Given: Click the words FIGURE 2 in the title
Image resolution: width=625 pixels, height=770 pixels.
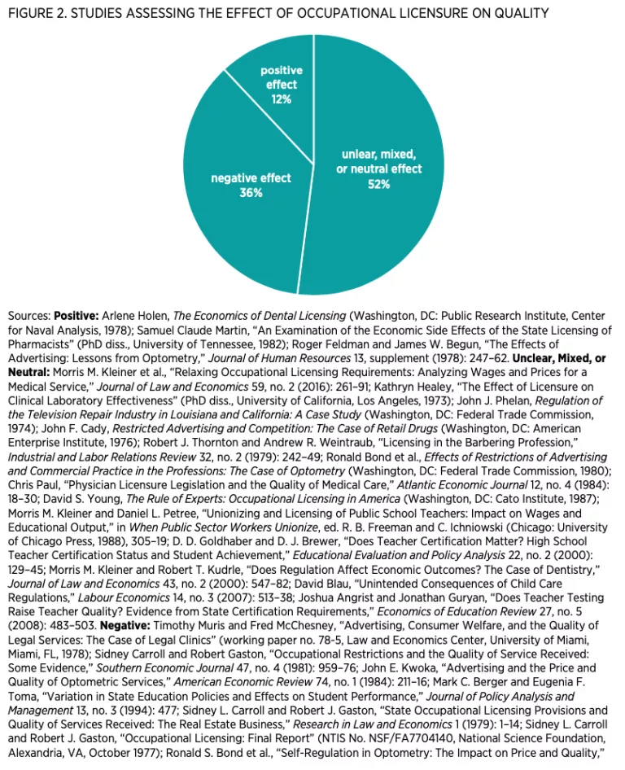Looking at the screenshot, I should (37, 13).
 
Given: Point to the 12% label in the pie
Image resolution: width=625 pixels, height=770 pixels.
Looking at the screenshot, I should (282, 99).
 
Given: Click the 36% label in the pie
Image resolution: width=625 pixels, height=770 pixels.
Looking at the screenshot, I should (251, 193).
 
